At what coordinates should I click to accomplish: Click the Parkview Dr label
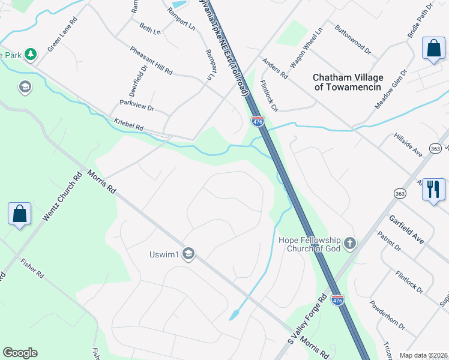[137, 106]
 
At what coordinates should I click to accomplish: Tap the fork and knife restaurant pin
[433, 190]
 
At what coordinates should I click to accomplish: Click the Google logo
[20, 353]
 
